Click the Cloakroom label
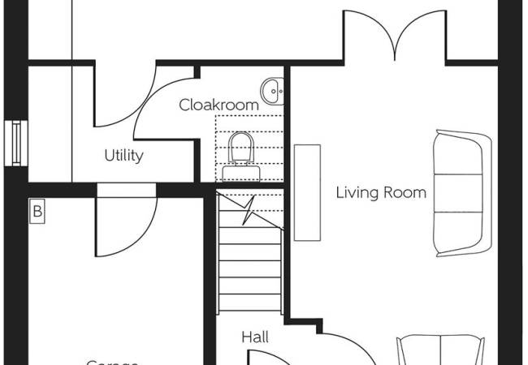tap(219, 105)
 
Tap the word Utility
tap(123, 155)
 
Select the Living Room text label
tap(381, 193)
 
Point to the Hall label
tap(255, 337)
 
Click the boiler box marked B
tap(37, 213)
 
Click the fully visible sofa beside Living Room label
tap(461, 191)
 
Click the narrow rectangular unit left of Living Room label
tap(306, 192)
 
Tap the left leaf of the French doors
tap(367, 36)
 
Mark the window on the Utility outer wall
tap(15, 143)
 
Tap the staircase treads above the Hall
tap(250, 268)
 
